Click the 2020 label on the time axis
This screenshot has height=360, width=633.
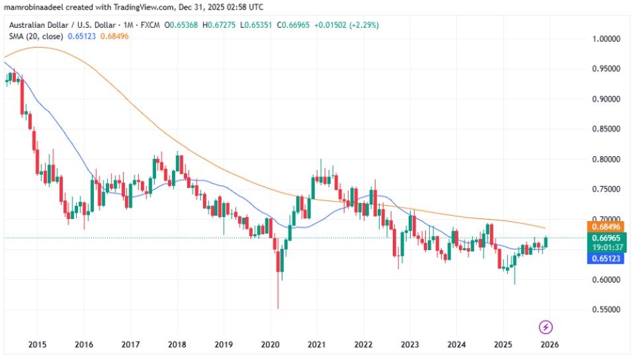[x=271, y=345]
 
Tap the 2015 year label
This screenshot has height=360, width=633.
[x=37, y=345]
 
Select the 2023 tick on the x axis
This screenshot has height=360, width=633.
[x=410, y=345]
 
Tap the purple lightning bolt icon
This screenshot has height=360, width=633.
[x=546, y=327]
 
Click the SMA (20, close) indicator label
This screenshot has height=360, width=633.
[x=34, y=36]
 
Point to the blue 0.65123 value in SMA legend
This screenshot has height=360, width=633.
[x=81, y=36]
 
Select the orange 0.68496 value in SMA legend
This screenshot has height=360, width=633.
[x=114, y=36]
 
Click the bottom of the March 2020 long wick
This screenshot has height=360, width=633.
[x=278, y=308]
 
